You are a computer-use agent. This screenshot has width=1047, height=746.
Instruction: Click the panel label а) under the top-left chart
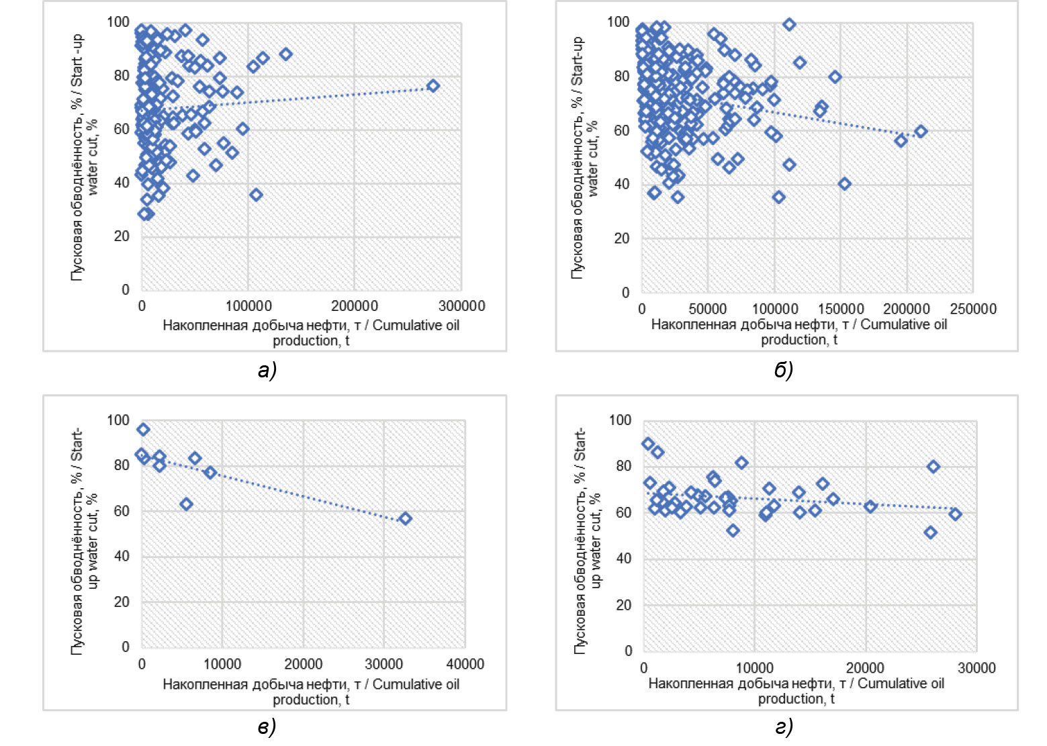(x=267, y=369)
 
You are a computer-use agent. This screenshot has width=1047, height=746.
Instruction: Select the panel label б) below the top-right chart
(x=784, y=369)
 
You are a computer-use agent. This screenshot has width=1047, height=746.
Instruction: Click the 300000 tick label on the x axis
(x=461, y=306)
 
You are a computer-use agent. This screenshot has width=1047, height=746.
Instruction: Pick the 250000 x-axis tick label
(x=973, y=309)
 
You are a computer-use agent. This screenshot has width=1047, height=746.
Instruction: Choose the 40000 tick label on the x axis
(x=465, y=664)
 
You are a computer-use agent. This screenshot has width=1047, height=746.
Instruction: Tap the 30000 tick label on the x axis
(x=976, y=668)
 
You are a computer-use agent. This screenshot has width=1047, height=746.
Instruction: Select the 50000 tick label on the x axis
(x=708, y=309)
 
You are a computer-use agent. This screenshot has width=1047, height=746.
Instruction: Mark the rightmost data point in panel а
(x=433, y=86)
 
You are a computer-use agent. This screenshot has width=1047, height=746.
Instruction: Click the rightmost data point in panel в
(x=405, y=518)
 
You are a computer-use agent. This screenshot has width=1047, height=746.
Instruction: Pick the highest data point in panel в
(x=143, y=430)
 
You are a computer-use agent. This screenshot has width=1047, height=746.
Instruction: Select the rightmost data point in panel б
(x=921, y=132)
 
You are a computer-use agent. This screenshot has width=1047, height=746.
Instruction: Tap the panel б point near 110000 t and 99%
(x=789, y=24)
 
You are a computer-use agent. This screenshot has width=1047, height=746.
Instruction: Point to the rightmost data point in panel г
(x=956, y=514)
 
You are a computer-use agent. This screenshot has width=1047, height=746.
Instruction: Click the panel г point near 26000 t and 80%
(x=933, y=467)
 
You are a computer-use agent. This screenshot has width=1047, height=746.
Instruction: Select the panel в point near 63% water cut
(x=186, y=504)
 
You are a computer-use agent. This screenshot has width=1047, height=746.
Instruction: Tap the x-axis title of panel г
(x=796, y=691)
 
